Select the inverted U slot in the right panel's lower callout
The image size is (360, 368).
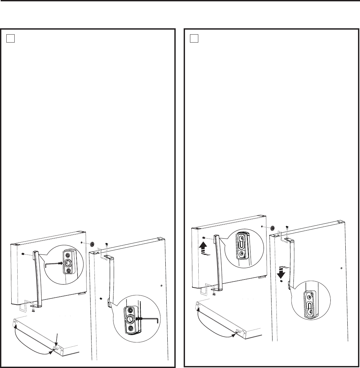point(309,306)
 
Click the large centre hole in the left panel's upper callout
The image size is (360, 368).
point(68,263)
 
